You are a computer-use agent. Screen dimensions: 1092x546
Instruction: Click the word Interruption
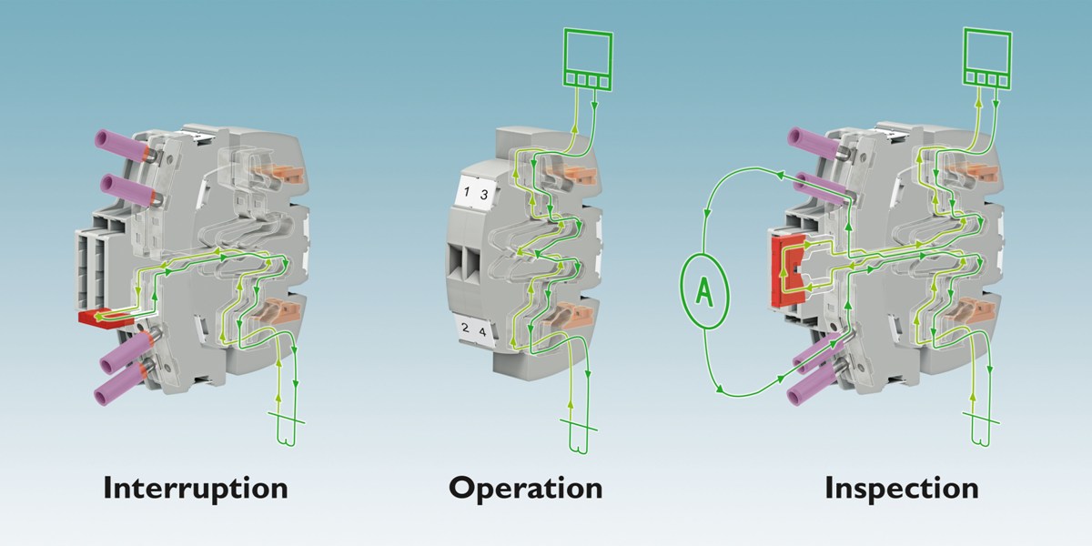point(196,489)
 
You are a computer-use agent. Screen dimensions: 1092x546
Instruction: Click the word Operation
point(526,489)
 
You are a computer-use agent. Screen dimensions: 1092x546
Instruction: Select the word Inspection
point(902,489)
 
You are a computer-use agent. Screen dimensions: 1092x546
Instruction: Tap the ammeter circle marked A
point(704,291)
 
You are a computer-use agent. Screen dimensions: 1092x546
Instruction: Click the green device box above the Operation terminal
point(588,59)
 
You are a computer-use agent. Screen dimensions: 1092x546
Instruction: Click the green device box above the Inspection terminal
point(987,58)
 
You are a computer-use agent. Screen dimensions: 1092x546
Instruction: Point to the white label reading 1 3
point(474,193)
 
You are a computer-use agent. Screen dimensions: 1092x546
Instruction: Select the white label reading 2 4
point(474,330)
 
